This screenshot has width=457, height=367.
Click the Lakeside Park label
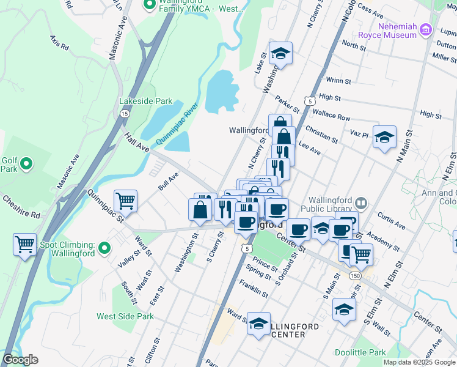pyautogui.click(x=146, y=101)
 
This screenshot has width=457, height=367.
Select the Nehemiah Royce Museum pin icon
pyautogui.click(x=426, y=31)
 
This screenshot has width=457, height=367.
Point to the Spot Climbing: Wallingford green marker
pyautogui.click(x=104, y=248)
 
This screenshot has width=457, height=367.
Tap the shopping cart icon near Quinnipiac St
pyautogui.click(x=125, y=199)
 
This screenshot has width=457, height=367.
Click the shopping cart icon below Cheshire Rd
pyautogui.click(x=24, y=244)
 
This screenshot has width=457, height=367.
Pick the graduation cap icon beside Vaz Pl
pyautogui.click(x=385, y=137)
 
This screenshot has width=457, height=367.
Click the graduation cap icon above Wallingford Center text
pyautogui.click(x=258, y=322)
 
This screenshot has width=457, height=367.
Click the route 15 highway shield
pyautogui.click(x=124, y=114)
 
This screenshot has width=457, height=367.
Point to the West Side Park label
pyautogui.click(x=125, y=316)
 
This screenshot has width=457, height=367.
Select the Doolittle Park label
pyautogui.click(x=360, y=352)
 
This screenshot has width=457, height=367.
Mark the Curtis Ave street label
pyautogui.click(x=391, y=221)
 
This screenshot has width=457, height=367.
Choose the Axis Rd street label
pyautogui.click(x=60, y=42)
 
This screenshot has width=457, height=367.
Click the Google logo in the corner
pyautogui.click(x=21, y=359)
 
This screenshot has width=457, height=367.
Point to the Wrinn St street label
pyautogui.click(x=338, y=80)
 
